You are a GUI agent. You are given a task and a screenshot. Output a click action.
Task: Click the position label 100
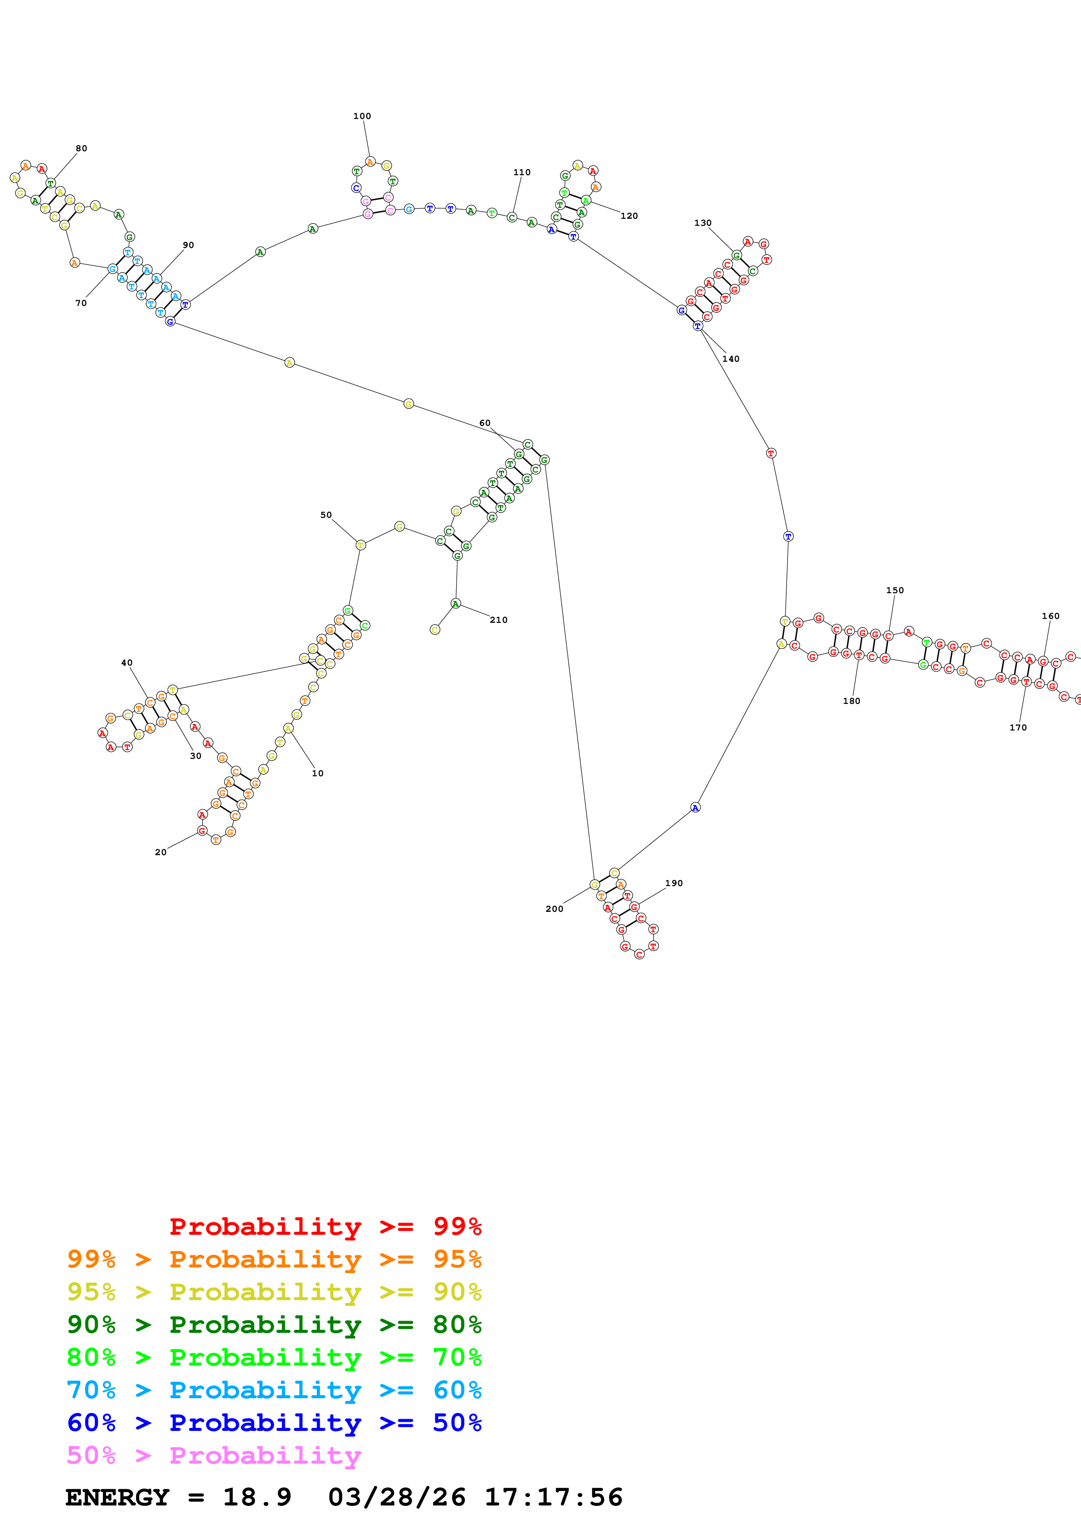(361, 116)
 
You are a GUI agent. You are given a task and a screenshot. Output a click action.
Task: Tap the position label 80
(81, 149)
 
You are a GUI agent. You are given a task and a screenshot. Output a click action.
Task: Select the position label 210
(498, 620)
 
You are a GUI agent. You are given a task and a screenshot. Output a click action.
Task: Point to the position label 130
(702, 223)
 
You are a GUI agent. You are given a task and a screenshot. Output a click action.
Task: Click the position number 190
(673, 883)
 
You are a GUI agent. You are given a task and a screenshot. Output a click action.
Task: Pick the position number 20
(160, 853)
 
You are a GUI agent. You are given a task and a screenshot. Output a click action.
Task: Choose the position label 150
(894, 590)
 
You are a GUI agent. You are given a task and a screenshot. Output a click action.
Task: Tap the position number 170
(1018, 728)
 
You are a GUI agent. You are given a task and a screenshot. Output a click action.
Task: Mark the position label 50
(326, 515)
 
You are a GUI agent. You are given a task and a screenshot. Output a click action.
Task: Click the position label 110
(522, 173)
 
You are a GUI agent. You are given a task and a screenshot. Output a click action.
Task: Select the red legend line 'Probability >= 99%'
(325, 1227)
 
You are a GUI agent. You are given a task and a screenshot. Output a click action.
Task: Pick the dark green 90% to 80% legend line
(274, 1325)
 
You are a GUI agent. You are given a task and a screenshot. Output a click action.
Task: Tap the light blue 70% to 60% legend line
(274, 1390)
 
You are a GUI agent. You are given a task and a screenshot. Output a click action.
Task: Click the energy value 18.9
(257, 1497)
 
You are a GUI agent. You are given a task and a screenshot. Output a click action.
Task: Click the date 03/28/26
(396, 1497)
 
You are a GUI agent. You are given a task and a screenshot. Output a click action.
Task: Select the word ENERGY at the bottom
(117, 1497)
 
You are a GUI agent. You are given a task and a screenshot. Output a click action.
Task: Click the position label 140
(731, 359)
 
